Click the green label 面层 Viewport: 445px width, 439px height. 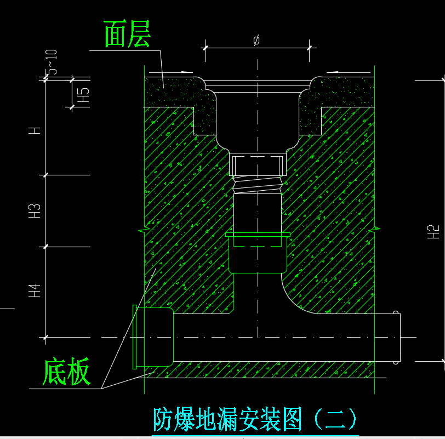[127, 34]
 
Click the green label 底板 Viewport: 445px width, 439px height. [67, 371]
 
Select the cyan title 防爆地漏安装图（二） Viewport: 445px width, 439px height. [255, 419]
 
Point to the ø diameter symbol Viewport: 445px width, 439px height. [256, 41]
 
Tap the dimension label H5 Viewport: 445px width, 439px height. [83, 95]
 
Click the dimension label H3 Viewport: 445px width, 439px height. [35, 211]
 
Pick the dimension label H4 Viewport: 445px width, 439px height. [35, 290]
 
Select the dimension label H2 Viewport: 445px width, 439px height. [433, 232]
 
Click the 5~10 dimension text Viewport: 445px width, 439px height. [52, 62]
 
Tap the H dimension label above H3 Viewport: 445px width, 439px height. [35, 130]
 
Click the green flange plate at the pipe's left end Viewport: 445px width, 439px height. [134, 337]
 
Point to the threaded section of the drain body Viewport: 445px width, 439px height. [258, 185]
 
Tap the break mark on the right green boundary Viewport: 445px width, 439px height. [375, 229]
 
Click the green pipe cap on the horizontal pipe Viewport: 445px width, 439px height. [159, 337]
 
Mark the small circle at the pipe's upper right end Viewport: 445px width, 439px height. [396, 313]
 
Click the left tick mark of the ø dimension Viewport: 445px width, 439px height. [205, 48]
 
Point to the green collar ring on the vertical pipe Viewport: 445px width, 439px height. [258, 235]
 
